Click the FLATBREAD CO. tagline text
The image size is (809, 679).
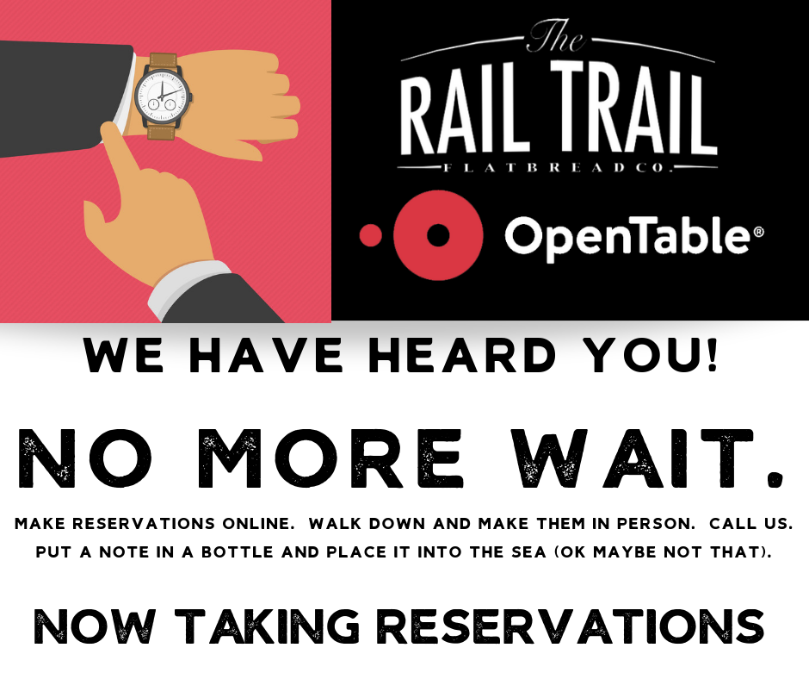[x=559, y=165]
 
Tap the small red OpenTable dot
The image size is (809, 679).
[x=371, y=235]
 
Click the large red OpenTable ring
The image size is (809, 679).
[x=438, y=234]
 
